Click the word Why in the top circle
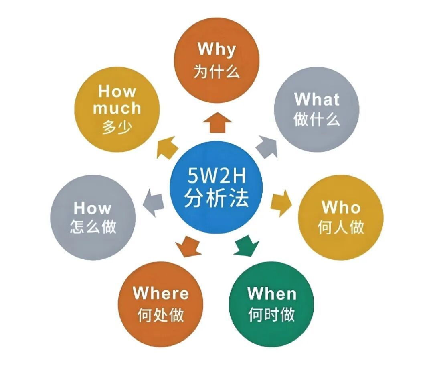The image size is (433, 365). [216, 49]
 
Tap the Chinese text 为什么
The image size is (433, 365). [216, 71]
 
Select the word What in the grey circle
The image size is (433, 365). [316, 99]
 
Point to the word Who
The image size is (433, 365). [341, 207]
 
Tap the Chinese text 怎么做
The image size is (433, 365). [93, 227]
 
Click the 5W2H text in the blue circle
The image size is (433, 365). [216, 175]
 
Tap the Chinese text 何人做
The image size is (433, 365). [341, 227]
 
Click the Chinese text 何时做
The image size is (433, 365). [271, 314]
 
